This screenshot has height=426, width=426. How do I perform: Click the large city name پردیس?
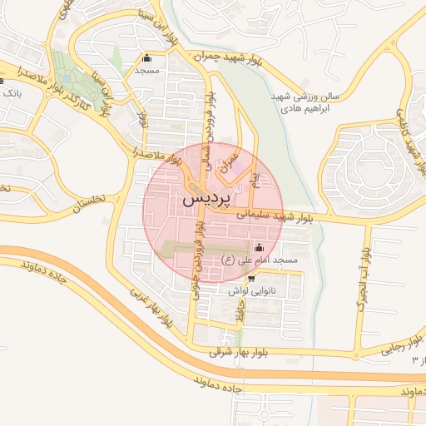point(204,201)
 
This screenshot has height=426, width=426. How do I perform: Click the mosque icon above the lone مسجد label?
point(147,58)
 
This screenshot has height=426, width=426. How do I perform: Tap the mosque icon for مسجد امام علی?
point(259,247)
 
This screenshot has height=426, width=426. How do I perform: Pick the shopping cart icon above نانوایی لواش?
point(250,279)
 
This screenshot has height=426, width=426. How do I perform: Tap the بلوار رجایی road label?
point(384,345)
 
